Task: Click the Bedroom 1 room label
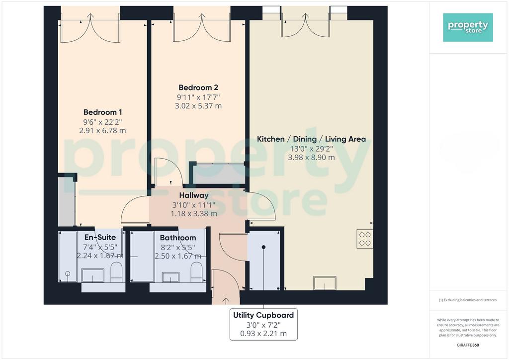click(x=102, y=112)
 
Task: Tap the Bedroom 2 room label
click(x=198, y=88)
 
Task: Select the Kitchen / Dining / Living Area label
click(x=311, y=139)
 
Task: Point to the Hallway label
click(x=194, y=195)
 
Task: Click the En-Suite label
click(x=100, y=237)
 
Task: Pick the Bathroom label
click(x=178, y=238)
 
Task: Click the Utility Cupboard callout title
click(x=263, y=315)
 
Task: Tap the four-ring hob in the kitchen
click(x=365, y=239)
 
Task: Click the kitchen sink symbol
click(x=325, y=283)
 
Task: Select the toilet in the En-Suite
click(x=116, y=272)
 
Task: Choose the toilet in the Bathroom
click(x=196, y=272)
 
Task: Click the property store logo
click(x=468, y=27)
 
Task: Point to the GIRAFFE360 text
click(x=468, y=345)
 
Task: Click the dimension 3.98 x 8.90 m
click(x=311, y=158)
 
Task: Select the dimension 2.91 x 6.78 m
click(x=102, y=130)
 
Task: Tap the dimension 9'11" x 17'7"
click(x=198, y=97)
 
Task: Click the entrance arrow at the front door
click(x=226, y=300)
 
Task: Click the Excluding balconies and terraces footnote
click(x=468, y=300)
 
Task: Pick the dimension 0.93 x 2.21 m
click(x=263, y=333)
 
